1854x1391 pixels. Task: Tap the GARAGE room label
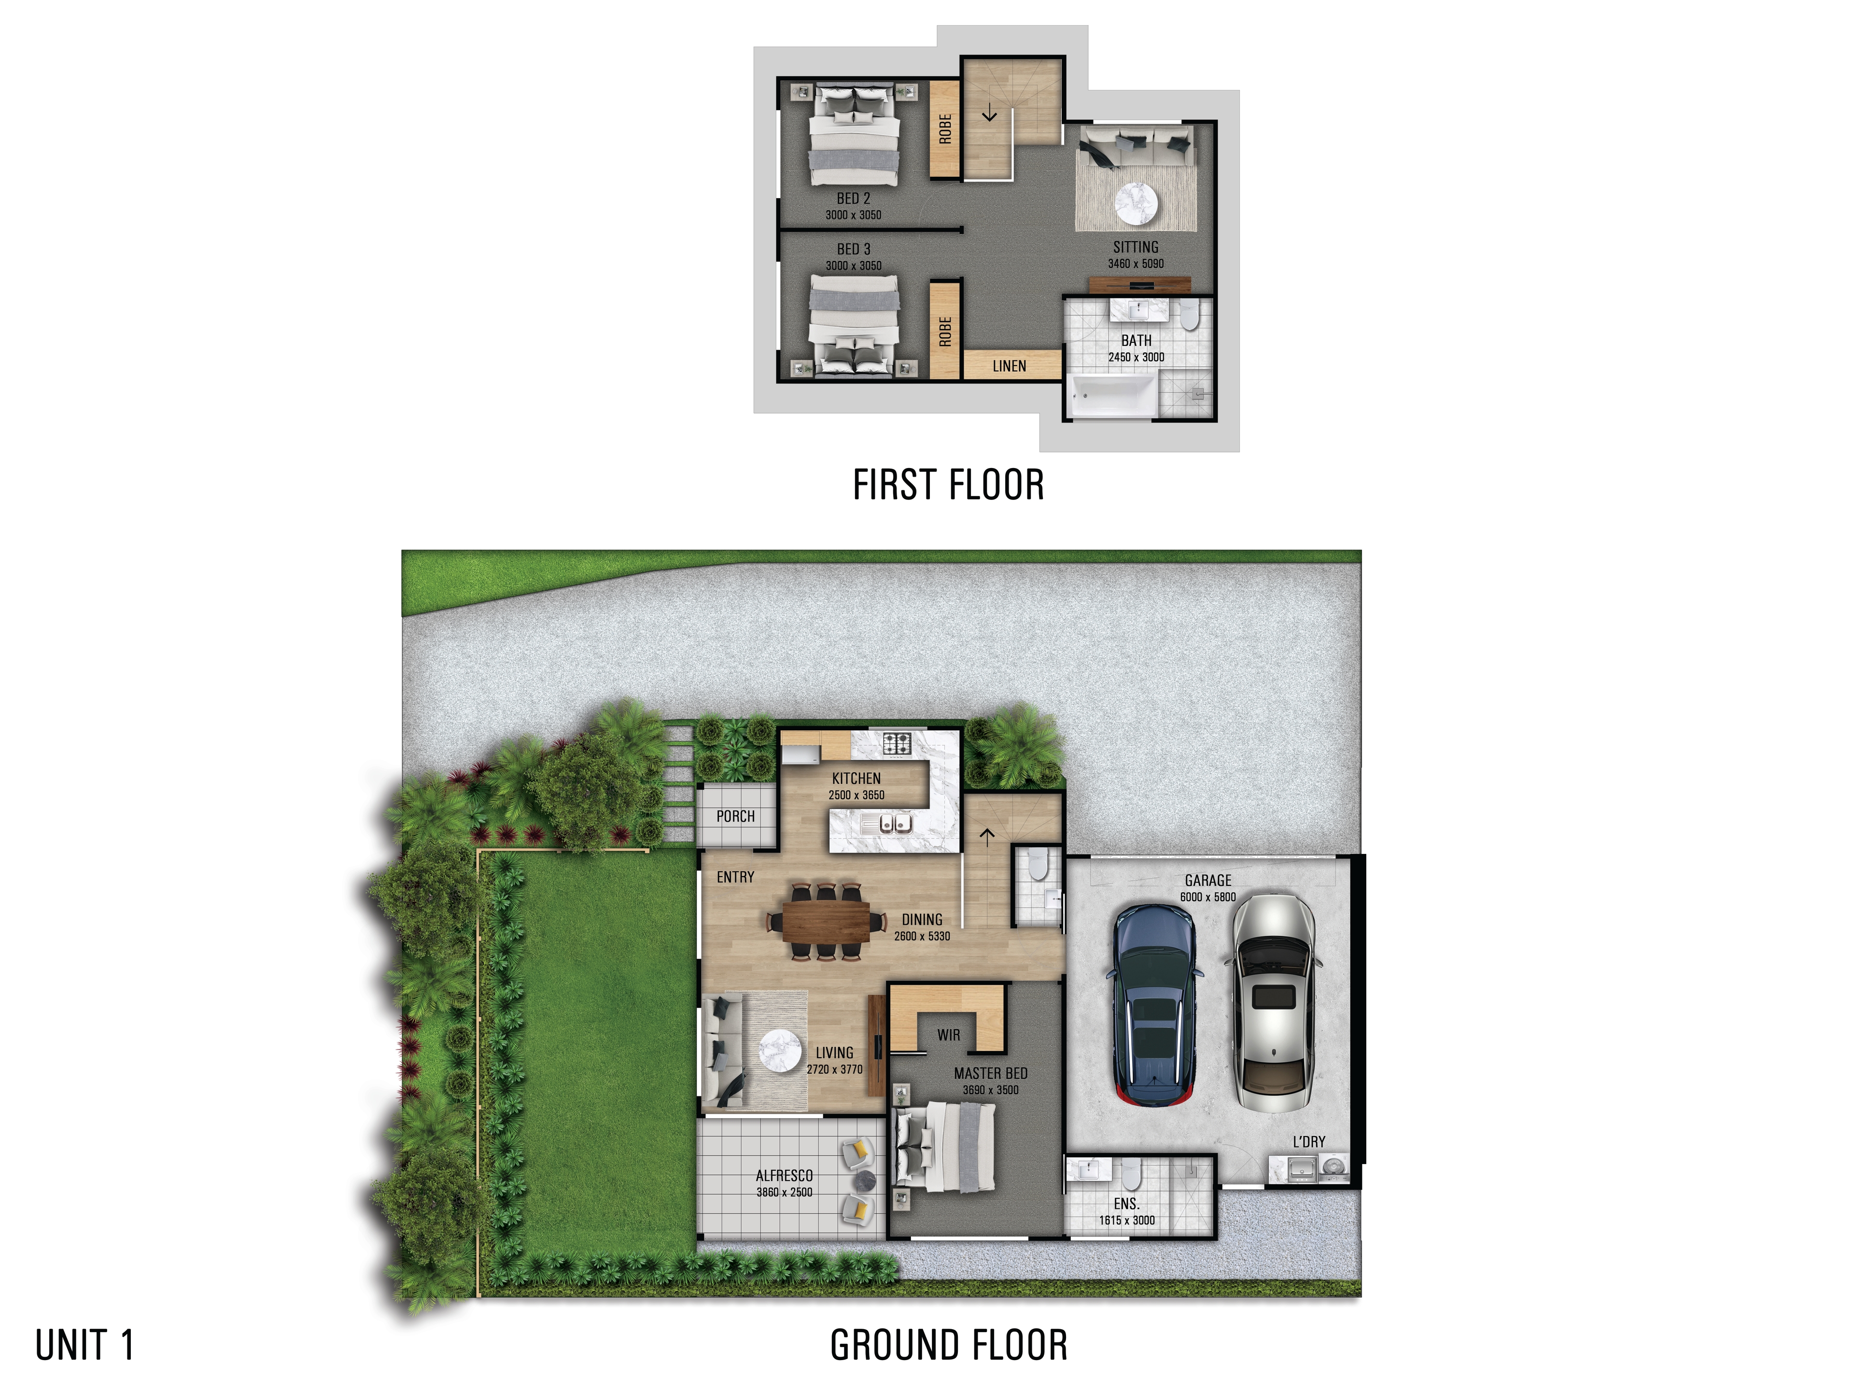click(1208, 880)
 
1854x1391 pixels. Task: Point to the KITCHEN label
click(856, 778)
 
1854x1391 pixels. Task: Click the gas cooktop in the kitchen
click(898, 743)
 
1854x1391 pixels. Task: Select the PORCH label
click(735, 816)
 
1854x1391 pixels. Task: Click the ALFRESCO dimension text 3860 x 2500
click(784, 1192)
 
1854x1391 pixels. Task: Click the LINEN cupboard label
click(1009, 367)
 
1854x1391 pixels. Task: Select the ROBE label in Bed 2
click(944, 128)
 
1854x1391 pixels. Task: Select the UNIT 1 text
click(84, 1345)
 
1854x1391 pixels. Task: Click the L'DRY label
click(1308, 1142)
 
